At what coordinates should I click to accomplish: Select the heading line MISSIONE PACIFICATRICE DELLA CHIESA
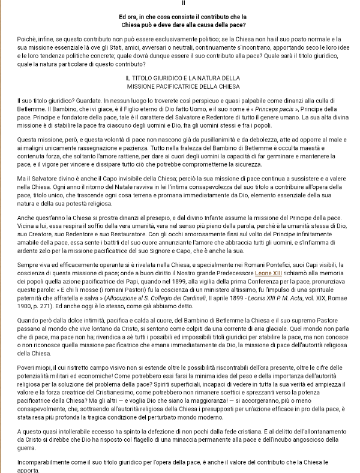tap(179, 85)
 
